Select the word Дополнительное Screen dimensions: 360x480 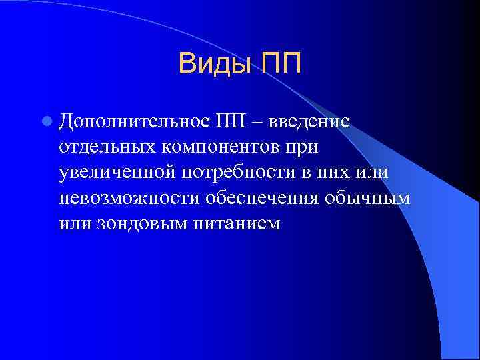coord(133,122)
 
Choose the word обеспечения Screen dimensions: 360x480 coord(261,199)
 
